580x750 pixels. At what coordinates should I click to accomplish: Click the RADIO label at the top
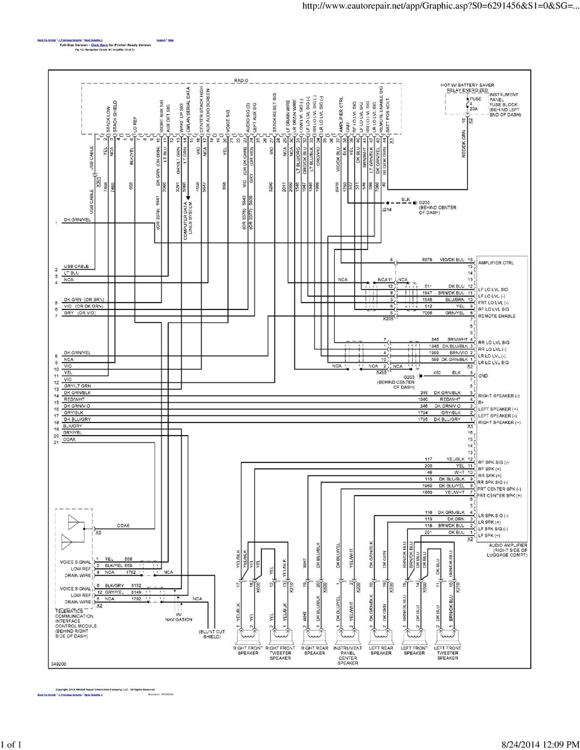[x=241, y=81]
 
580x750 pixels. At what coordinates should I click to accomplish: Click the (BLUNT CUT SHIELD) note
[x=211, y=634]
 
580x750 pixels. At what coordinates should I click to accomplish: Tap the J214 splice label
[x=386, y=211]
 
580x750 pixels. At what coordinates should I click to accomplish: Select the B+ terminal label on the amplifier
[x=481, y=402]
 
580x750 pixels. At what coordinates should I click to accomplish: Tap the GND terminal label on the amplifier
[x=482, y=376]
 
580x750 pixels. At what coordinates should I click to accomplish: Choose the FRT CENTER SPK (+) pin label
[x=499, y=495]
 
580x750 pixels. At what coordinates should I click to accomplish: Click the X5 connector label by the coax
[x=98, y=532]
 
